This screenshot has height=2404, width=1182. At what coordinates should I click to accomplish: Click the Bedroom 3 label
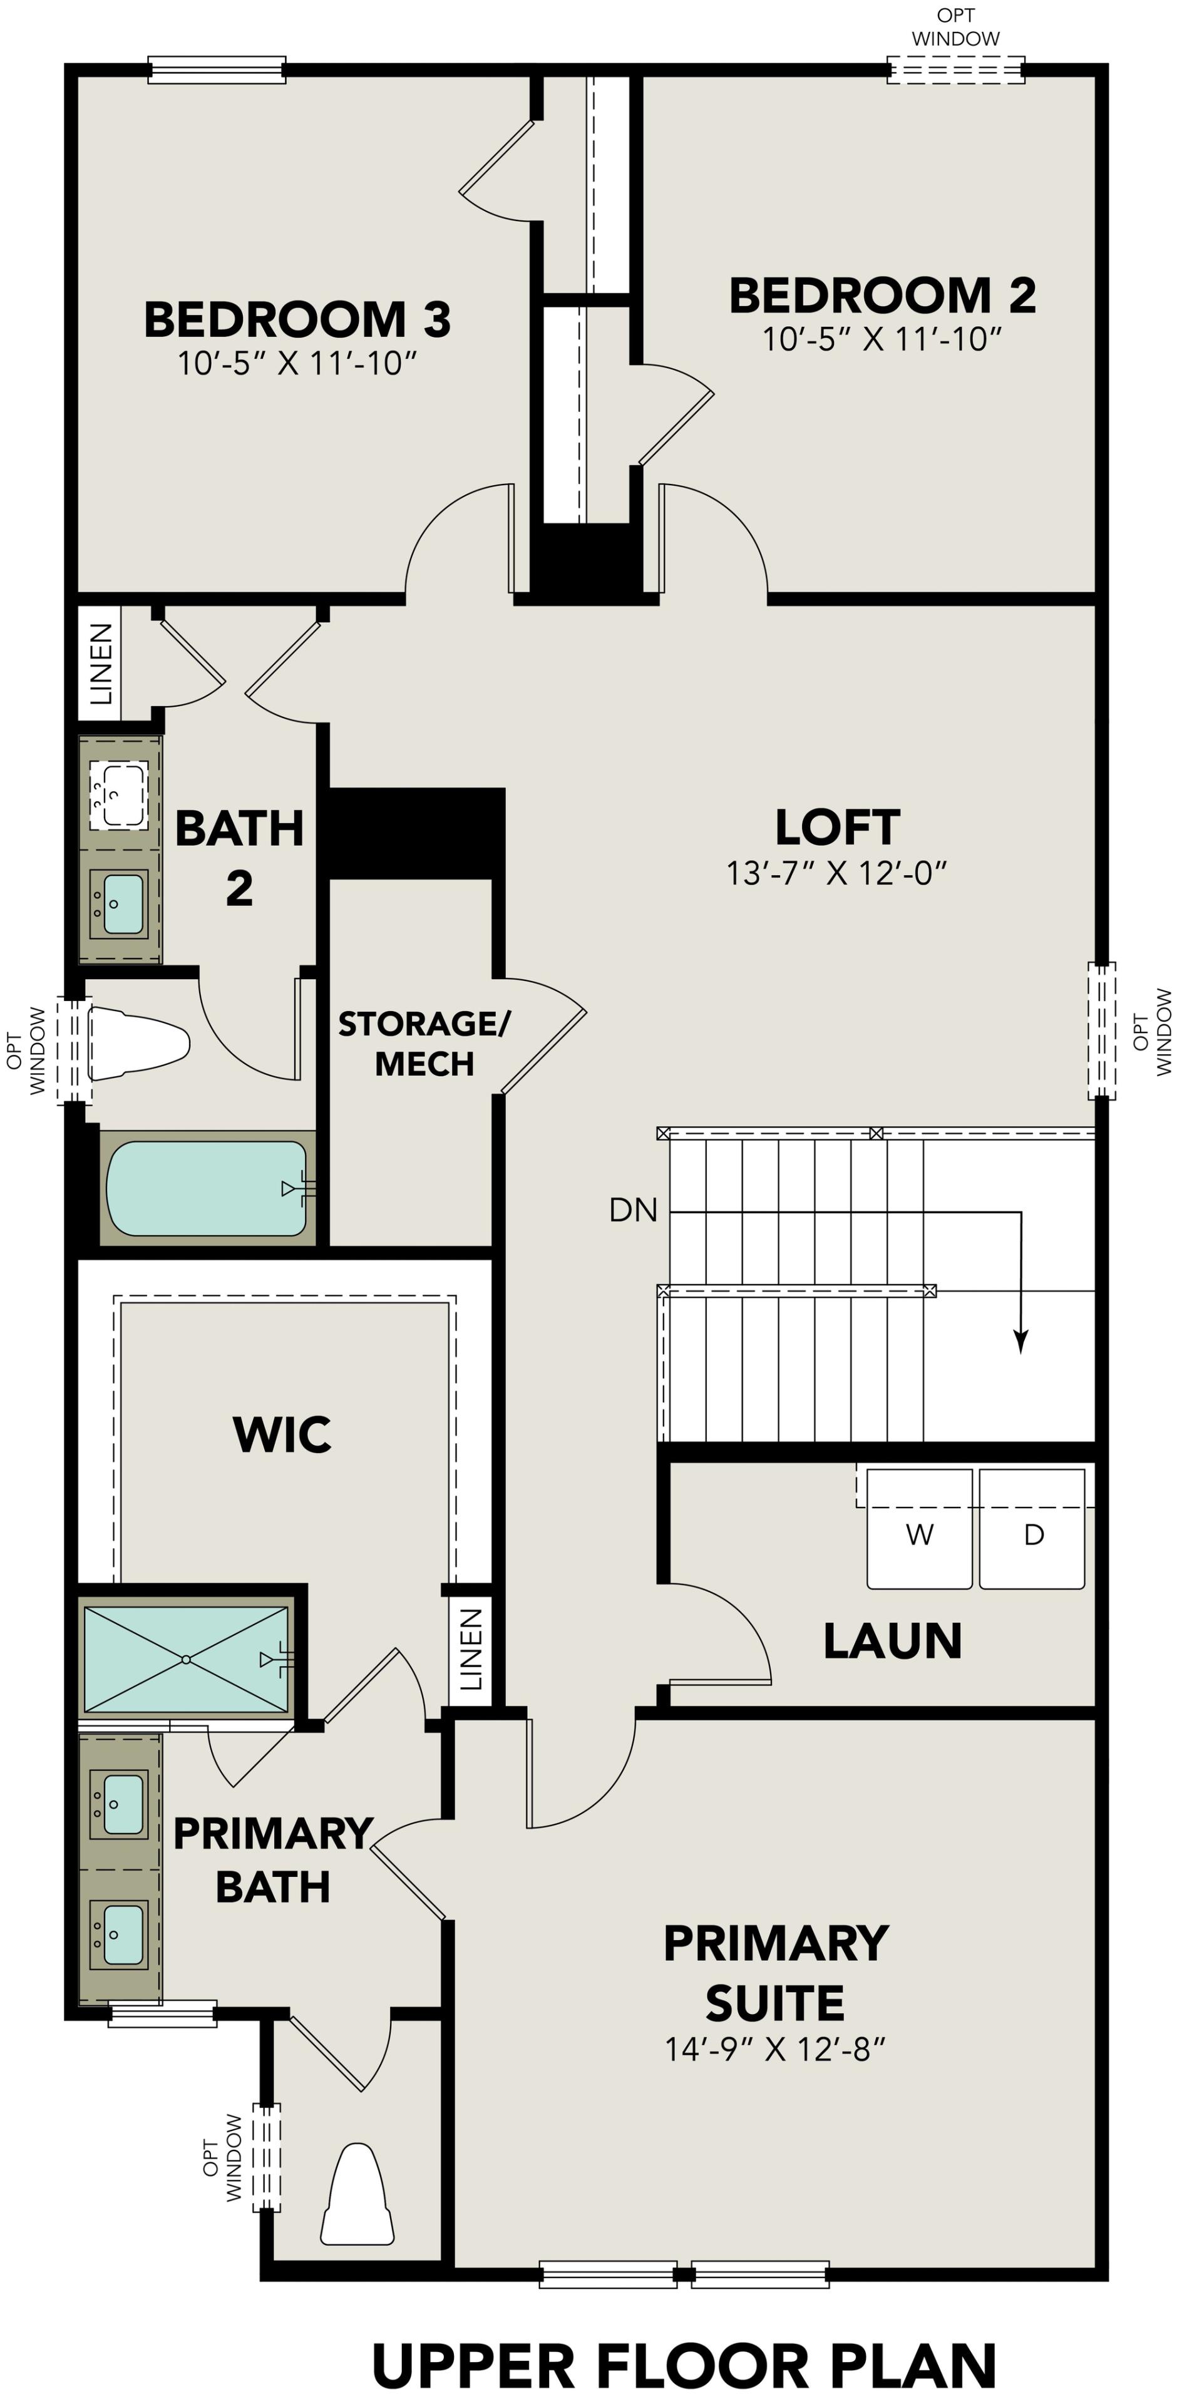297,320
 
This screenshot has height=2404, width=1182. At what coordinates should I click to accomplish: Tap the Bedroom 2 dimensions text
881,339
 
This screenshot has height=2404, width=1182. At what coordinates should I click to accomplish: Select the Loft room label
837,827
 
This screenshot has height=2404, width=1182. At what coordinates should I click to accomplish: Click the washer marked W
919,1534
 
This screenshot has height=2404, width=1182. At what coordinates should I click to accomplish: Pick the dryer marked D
1032,1534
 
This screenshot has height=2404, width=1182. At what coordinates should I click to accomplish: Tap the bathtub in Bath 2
207,1188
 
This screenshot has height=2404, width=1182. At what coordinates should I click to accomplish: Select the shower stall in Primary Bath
187,1658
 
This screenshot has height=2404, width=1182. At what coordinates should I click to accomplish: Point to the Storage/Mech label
424,1044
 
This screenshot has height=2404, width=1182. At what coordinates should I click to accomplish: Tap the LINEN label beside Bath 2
100,664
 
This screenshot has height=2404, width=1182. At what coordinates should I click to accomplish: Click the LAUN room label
892,1641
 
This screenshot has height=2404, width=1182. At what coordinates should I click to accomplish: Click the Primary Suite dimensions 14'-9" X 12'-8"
774,2050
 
